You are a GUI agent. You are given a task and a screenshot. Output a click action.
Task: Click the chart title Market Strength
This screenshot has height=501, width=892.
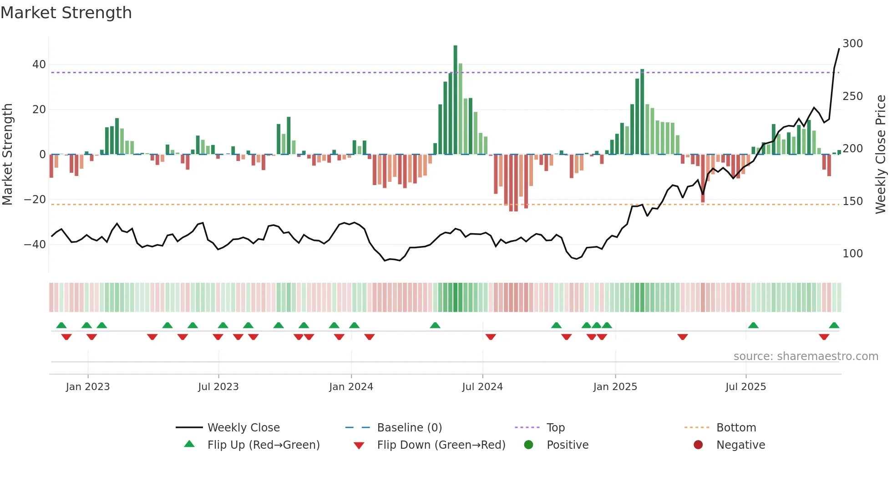pyautogui.click(x=66, y=13)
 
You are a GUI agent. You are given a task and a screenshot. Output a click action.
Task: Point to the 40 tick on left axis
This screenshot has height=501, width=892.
pyautogui.click(x=39, y=65)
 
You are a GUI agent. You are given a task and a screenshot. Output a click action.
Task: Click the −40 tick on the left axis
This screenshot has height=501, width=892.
pyautogui.click(x=35, y=245)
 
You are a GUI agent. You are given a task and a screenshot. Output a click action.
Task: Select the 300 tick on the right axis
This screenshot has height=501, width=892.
pyautogui.click(x=852, y=44)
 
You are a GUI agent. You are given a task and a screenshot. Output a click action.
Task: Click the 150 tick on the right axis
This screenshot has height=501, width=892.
pyautogui.click(x=852, y=201)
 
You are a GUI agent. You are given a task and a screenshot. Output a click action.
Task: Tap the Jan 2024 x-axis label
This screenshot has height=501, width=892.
pyautogui.click(x=351, y=387)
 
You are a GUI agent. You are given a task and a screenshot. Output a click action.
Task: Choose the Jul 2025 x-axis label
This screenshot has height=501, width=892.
pyautogui.click(x=745, y=387)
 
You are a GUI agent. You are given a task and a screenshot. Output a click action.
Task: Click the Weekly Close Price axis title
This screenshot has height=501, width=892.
pyautogui.click(x=881, y=155)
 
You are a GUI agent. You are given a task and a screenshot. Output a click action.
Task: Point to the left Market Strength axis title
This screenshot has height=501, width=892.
pyautogui.click(x=8, y=155)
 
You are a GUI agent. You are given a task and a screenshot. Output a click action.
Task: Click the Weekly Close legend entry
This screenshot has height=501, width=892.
pyautogui.click(x=243, y=428)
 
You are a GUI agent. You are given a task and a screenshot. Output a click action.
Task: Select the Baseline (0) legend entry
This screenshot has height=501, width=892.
pyautogui.click(x=409, y=428)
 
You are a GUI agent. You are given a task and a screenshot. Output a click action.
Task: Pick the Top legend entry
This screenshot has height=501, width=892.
pyautogui.click(x=555, y=428)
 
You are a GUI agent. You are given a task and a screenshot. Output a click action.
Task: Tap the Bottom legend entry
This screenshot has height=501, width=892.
pyautogui.click(x=736, y=428)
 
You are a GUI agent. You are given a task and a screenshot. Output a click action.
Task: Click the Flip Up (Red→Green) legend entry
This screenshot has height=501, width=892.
pyautogui.click(x=263, y=445)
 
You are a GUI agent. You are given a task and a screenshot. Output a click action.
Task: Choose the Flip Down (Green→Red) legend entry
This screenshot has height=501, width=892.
pyautogui.click(x=441, y=445)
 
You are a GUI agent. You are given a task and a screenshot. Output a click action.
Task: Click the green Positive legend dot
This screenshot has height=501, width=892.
pyautogui.click(x=528, y=445)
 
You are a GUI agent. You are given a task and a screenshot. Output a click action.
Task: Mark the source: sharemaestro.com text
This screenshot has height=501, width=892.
pyautogui.click(x=806, y=356)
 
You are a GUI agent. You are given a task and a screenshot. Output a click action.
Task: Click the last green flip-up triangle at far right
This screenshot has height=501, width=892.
pyautogui.click(x=834, y=326)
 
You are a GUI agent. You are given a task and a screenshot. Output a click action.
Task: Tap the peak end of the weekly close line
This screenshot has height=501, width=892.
pyautogui.click(x=839, y=49)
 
